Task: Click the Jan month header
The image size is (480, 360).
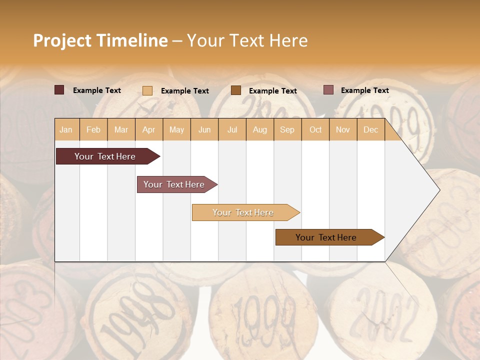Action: (x=66, y=130)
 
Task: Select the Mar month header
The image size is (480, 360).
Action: (x=121, y=130)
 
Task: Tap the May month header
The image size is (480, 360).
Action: (x=176, y=130)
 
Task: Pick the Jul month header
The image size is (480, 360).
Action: (x=232, y=130)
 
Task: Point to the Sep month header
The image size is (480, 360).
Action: (x=287, y=130)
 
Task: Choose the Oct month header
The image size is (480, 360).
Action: (x=315, y=130)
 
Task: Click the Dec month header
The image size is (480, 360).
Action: (x=370, y=130)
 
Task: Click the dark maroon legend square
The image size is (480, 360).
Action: (x=59, y=90)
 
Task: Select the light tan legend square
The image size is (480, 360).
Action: (x=147, y=90)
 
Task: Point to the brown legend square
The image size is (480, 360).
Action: (x=236, y=90)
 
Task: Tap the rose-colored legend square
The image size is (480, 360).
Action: (x=328, y=90)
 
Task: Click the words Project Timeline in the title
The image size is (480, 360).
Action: (x=100, y=40)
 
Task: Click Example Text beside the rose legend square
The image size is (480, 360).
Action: (x=364, y=90)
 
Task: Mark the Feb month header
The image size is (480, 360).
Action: (x=93, y=130)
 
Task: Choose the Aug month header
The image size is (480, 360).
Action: (x=259, y=130)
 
